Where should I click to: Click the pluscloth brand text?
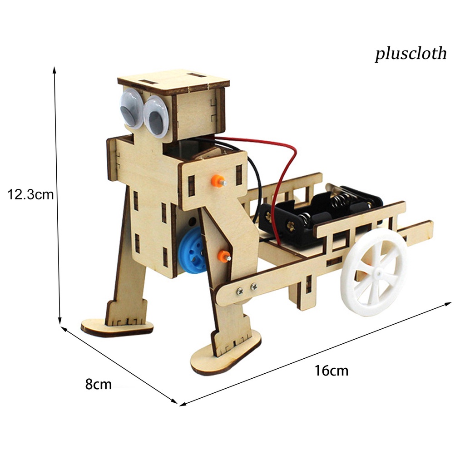point(411,54)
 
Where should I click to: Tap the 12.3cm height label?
point(31,195)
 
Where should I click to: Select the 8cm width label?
point(98,384)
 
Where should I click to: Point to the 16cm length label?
point(331,371)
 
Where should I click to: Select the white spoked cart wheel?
point(374,272)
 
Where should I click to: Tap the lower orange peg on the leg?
point(223,256)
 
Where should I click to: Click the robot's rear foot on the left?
point(117,327)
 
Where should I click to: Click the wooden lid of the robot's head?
point(173,82)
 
